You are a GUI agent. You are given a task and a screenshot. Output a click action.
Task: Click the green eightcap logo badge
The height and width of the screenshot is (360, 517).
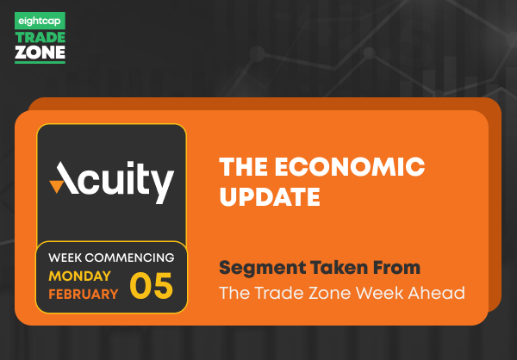40,21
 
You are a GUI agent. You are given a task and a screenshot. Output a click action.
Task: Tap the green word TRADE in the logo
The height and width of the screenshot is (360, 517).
40,38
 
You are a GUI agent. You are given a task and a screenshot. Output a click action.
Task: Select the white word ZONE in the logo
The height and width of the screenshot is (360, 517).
40,53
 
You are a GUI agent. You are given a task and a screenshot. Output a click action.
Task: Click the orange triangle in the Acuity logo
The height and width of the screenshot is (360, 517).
56,186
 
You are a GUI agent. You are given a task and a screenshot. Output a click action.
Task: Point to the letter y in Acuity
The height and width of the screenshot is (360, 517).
162,186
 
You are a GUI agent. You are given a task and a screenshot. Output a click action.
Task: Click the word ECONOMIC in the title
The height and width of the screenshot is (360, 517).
350,167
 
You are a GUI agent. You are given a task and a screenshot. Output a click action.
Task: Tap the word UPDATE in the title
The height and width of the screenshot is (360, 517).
270,197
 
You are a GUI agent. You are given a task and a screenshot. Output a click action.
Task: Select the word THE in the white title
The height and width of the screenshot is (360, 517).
243,167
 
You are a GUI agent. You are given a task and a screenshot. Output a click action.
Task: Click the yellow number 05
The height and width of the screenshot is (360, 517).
152,285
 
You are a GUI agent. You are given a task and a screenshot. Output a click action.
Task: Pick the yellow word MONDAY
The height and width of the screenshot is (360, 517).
79,276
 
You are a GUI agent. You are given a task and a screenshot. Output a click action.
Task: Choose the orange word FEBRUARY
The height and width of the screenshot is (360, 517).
84,294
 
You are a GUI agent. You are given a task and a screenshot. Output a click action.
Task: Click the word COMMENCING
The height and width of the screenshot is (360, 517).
129,258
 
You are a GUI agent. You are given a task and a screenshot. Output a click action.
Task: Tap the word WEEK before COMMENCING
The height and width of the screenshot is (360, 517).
65,258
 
